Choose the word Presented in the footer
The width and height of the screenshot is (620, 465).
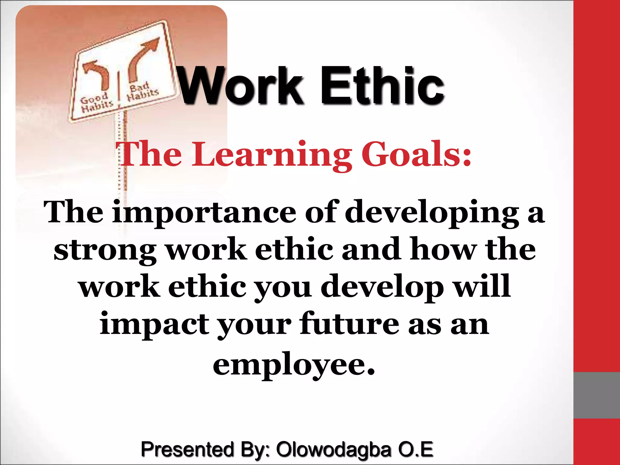tap(187, 449)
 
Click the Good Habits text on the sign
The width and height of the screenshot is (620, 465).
tap(96, 102)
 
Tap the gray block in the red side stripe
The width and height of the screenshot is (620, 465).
tap(596, 395)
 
